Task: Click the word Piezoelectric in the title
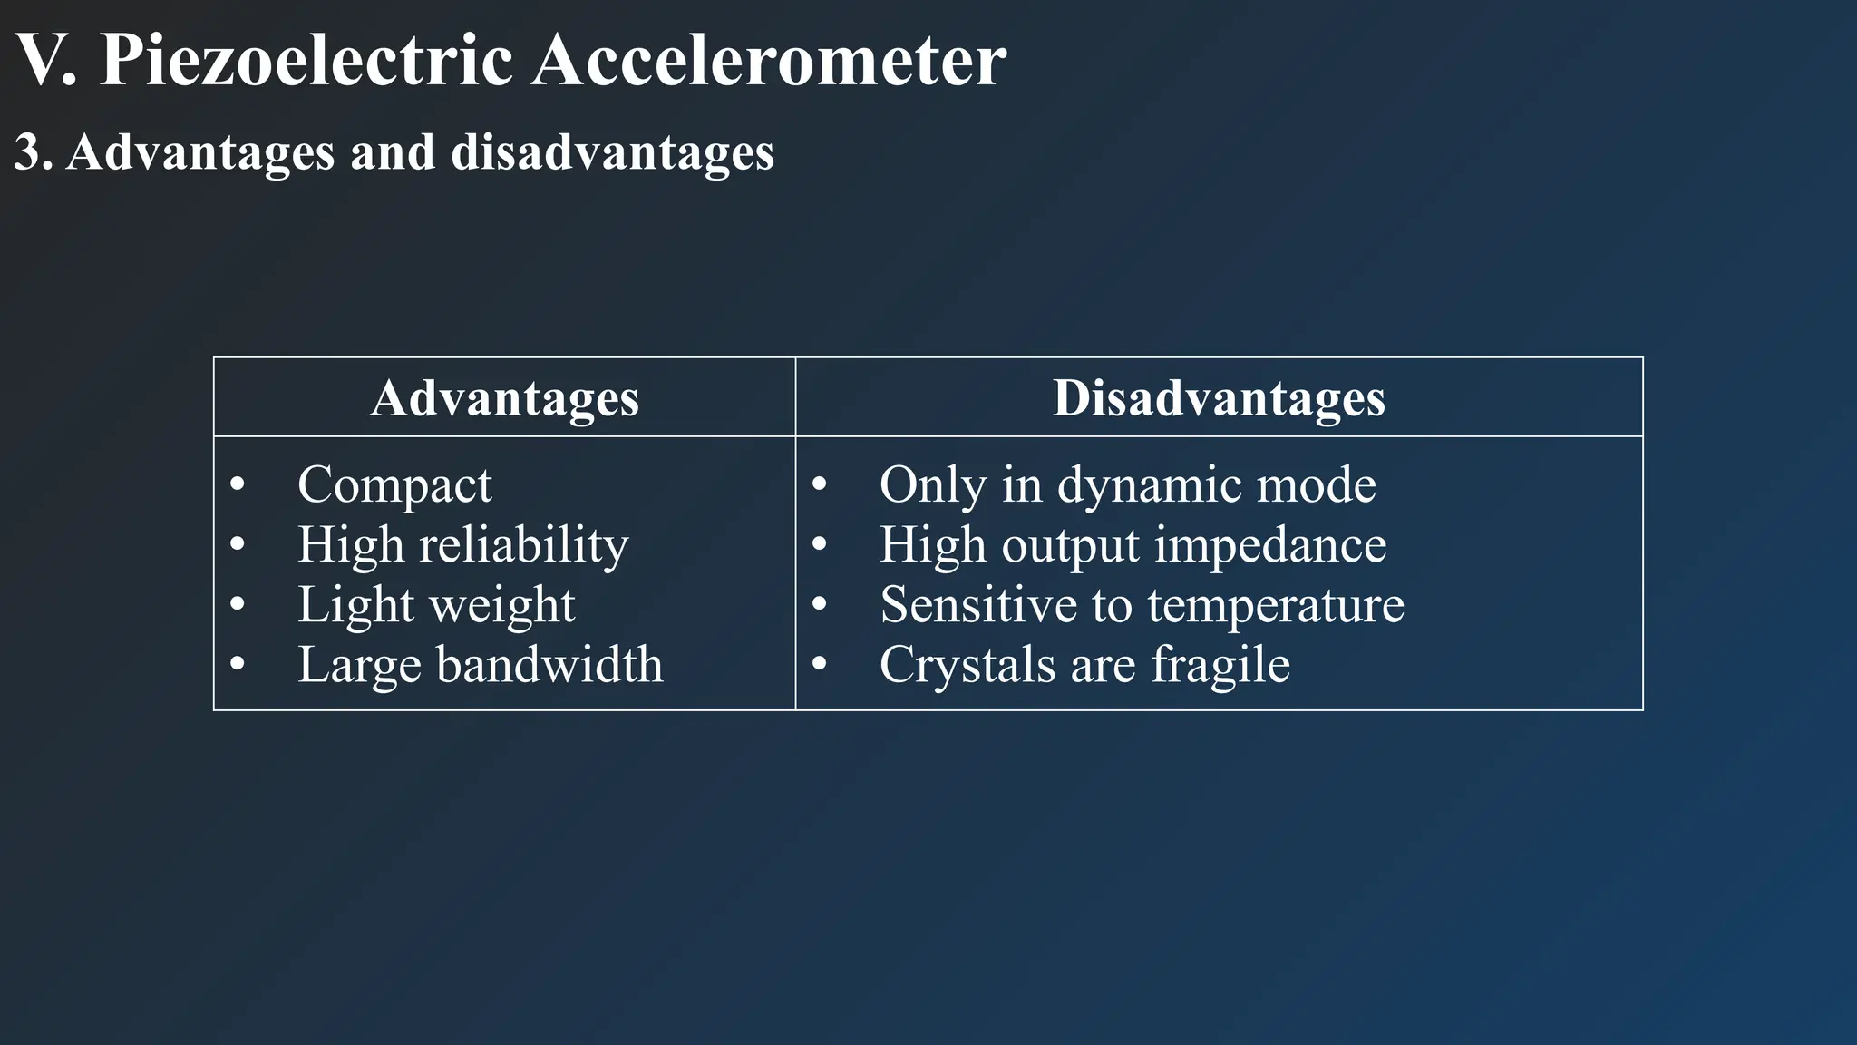[306, 62]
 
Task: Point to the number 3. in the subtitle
[33, 151]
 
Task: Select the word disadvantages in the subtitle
[612, 151]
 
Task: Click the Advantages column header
[504, 397]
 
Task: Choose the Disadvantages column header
[1218, 397]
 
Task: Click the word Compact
[394, 484]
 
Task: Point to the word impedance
[1269, 545]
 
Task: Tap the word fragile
[1220, 665]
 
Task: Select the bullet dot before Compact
[238, 485]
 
